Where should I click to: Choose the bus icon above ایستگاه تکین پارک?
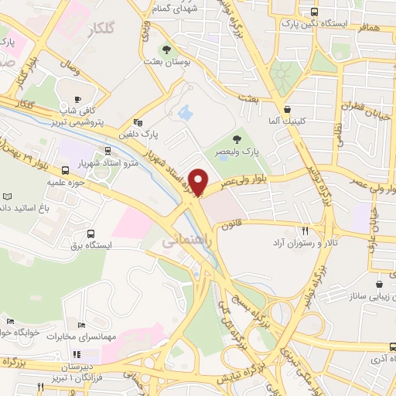click(315, 12)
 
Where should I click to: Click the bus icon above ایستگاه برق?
click(91, 234)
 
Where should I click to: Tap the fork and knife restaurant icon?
click(305, 230)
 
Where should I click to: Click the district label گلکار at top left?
click(101, 29)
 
